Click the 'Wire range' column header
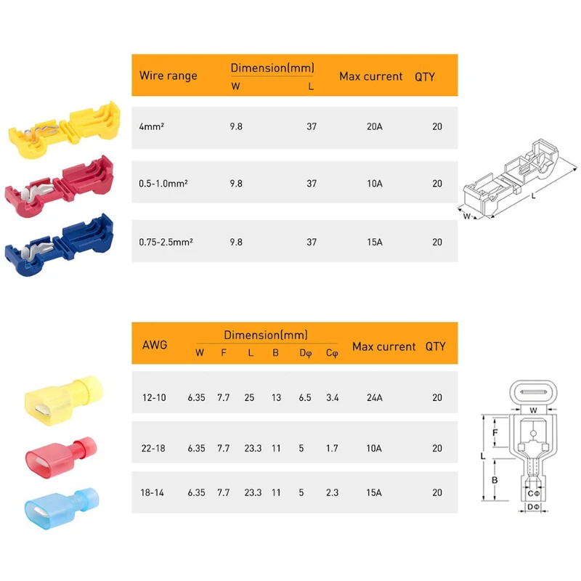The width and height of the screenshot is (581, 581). pos(168,76)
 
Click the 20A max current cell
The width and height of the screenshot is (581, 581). pos(374,126)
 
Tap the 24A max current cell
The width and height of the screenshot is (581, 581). pos(374,398)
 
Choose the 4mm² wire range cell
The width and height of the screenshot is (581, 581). pos(150,126)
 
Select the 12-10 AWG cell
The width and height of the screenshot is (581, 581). pos(153,398)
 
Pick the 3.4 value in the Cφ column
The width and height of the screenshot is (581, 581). pos(332,398)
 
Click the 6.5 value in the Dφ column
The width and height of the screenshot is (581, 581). pos(306,398)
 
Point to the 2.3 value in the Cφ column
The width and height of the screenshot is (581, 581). pos(332,492)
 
